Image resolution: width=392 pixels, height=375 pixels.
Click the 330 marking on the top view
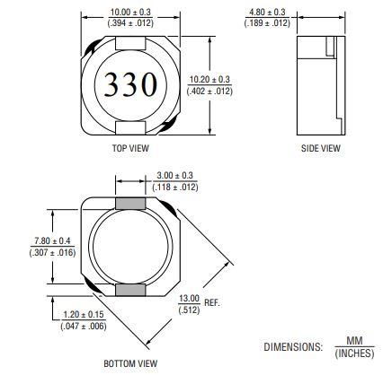[131, 85]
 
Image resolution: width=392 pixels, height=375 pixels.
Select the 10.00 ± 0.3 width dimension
[130, 13]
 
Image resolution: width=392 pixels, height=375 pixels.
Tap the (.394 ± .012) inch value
[130, 24]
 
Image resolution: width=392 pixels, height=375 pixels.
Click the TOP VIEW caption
[130, 148]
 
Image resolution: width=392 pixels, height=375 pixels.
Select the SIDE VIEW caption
[321, 148]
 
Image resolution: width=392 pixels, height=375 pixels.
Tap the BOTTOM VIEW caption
[130, 363]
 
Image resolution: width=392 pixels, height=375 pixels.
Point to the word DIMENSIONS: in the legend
[291, 346]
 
